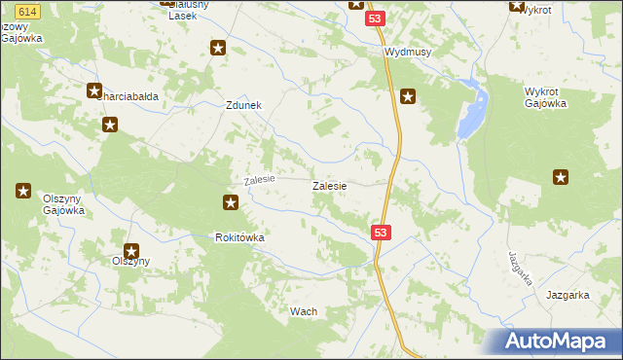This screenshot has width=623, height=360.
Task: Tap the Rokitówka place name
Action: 240,237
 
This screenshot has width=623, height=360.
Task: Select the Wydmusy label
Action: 408,53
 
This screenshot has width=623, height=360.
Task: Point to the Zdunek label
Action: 244,106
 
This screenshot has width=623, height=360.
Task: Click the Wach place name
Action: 304,311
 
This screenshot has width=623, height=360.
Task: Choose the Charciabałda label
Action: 129,96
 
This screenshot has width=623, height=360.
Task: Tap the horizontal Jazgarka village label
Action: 568,295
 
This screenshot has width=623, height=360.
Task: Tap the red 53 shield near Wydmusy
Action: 376,19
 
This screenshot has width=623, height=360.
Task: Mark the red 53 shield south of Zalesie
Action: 381,233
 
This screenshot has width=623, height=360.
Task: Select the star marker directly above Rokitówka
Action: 231,202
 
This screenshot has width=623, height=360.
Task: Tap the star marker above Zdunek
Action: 219,48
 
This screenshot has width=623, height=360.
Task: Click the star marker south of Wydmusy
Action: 409,96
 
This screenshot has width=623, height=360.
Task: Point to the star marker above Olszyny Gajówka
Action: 23,191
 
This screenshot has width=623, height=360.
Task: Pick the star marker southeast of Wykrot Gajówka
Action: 561,177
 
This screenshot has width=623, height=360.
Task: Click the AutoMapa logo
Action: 561,341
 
